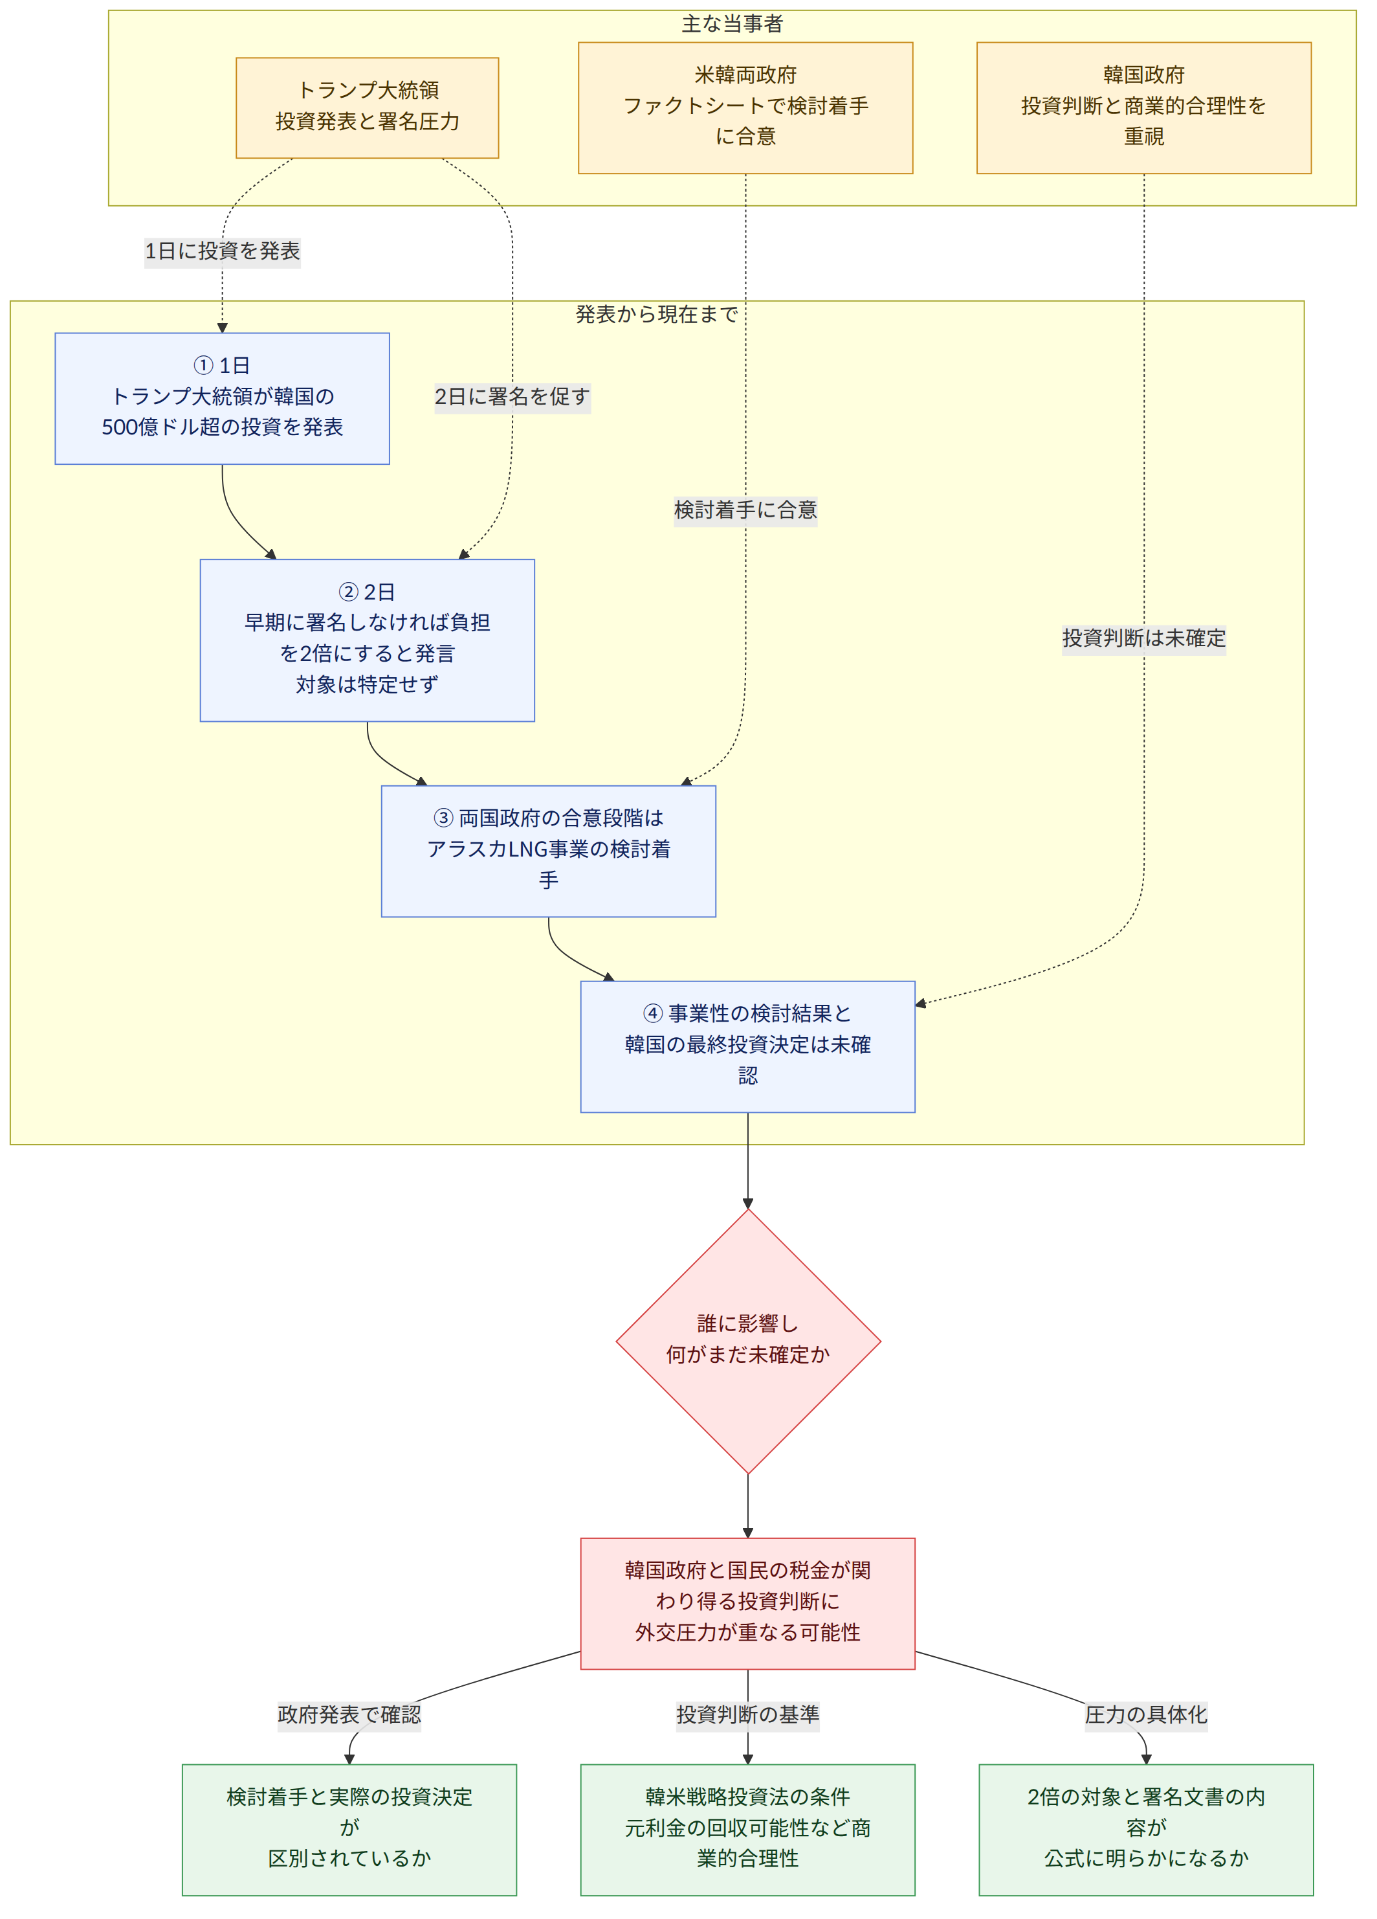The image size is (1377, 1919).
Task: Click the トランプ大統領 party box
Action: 367,107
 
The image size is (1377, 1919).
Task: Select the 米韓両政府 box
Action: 745,107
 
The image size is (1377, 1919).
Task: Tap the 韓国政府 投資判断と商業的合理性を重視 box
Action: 1143,107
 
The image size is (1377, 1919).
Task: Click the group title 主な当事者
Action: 733,24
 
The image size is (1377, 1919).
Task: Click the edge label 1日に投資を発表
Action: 223,251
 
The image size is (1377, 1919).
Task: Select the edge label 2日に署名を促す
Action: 512,396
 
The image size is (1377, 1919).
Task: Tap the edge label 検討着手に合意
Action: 745,510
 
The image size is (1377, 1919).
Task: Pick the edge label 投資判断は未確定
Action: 1143,637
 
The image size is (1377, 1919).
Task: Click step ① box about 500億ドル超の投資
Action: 223,399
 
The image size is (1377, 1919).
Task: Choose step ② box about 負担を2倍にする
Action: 367,640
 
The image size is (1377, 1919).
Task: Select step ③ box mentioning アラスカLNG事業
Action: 548,851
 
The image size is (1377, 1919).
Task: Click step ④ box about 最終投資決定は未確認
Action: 747,1047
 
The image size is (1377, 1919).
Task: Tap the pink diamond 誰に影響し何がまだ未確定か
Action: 747,1341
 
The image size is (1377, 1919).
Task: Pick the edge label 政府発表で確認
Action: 349,1714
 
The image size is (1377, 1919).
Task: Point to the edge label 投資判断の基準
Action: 747,1714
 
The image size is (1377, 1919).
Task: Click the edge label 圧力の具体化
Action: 1146,1714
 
